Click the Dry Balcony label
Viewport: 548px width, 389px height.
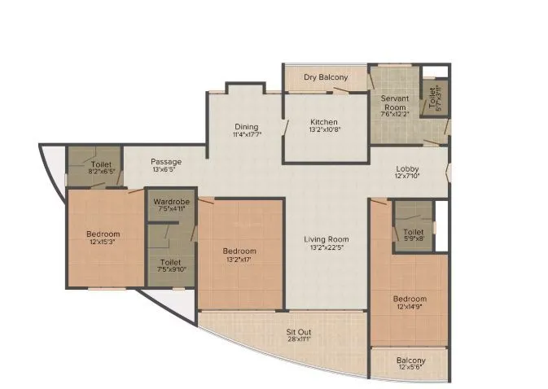pos(326,77)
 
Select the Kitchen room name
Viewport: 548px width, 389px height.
pos(323,122)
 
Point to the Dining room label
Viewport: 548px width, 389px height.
pos(246,126)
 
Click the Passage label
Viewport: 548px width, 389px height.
pos(166,161)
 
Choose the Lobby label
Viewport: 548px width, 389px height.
pos(407,168)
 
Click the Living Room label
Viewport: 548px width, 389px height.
pos(326,238)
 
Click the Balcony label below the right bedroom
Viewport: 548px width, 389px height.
pos(410,361)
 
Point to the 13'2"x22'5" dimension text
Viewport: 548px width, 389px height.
pos(326,247)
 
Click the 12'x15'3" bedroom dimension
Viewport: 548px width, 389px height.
pos(103,243)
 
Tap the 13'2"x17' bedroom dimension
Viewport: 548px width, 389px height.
pos(240,260)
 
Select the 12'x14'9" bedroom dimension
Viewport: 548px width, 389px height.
pos(410,308)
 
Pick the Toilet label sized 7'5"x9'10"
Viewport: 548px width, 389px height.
pos(170,262)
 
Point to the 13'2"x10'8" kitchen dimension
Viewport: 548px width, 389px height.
pos(323,131)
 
